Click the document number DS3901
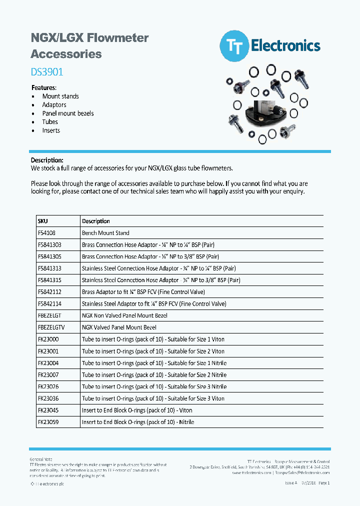point(47,72)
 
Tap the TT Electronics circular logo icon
point(234,46)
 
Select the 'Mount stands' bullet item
point(60,96)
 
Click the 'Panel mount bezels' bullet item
point(68,113)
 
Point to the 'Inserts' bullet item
point(51,130)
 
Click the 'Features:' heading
point(43,87)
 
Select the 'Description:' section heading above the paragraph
point(47,160)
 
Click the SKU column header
point(43,221)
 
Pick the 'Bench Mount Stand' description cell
point(105,233)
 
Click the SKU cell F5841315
point(50,280)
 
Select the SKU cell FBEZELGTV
point(51,327)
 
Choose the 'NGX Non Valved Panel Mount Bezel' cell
point(124,315)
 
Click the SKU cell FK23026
point(48,386)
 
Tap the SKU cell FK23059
point(48,422)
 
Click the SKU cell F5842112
point(50,292)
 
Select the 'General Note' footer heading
point(41,459)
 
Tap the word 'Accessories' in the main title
point(66,54)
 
